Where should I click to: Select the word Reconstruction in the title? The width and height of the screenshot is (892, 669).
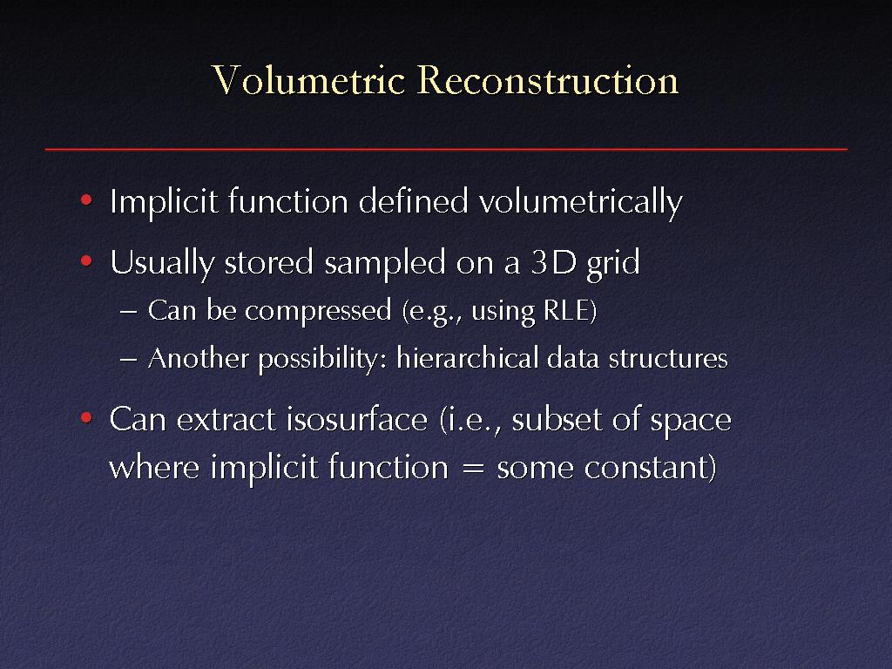point(548,80)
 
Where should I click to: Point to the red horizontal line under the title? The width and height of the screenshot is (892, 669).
point(446,150)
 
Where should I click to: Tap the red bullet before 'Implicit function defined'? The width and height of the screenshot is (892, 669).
point(86,199)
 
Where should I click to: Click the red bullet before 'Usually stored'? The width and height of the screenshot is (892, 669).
point(86,261)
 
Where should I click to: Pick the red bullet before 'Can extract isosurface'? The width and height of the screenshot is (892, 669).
point(86,418)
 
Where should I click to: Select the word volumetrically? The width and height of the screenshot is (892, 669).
point(580,203)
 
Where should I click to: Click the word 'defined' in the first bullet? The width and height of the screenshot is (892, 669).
point(413,201)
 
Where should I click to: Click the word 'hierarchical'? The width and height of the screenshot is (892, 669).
point(468,358)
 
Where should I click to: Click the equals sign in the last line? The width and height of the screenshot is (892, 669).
point(473,470)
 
